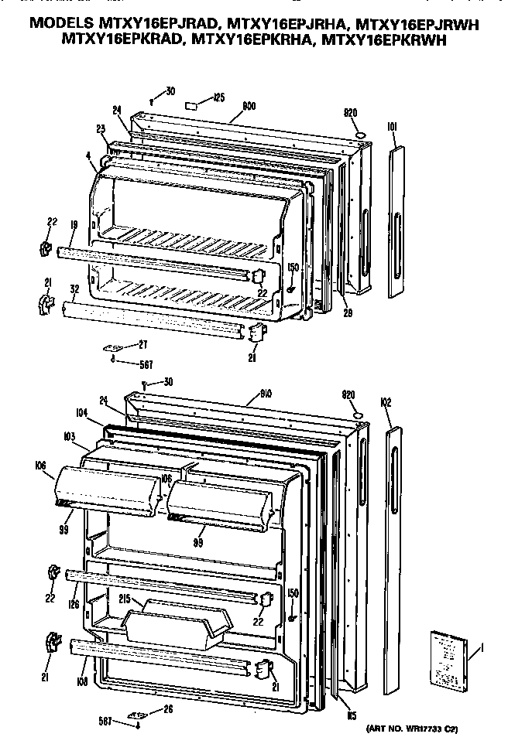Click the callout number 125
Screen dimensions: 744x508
(x=219, y=97)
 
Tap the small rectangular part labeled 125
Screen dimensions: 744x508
(x=193, y=104)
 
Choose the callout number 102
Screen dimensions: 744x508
(x=388, y=402)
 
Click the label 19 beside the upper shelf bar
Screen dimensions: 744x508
(x=72, y=225)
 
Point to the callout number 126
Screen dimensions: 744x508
(x=73, y=605)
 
